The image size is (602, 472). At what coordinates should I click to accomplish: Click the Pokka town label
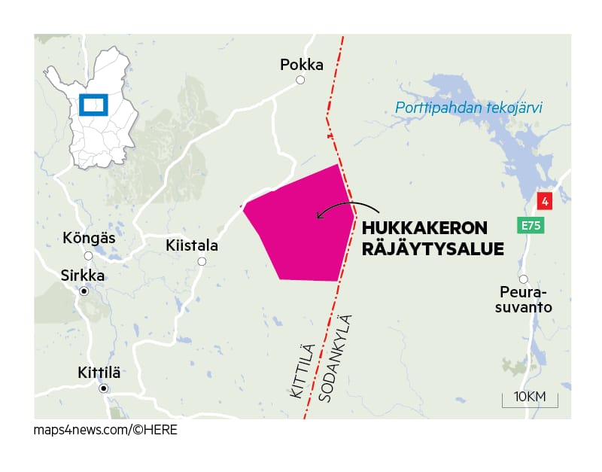[x=301, y=65]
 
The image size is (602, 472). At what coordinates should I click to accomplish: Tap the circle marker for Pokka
[x=300, y=80]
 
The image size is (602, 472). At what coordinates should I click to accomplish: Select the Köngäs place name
[x=90, y=238]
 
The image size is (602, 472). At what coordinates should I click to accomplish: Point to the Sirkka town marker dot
[x=84, y=291]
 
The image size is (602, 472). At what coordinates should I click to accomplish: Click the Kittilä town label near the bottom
[x=99, y=373]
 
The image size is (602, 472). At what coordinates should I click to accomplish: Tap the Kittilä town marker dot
[x=104, y=388]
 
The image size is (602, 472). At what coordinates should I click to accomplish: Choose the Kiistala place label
[x=191, y=246]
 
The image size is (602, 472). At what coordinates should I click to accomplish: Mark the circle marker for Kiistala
[x=202, y=262]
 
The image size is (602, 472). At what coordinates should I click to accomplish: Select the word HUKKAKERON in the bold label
[x=424, y=229]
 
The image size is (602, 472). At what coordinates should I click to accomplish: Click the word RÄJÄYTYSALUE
[x=433, y=248]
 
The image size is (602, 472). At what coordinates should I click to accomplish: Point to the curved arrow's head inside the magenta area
[x=319, y=217]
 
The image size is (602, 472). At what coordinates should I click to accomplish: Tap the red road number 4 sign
[x=545, y=201]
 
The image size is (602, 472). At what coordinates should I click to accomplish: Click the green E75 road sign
[x=530, y=225]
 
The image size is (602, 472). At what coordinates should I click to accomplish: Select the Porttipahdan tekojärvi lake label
[x=468, y=108]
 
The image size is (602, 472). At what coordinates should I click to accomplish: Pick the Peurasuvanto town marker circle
[x=523, y=279]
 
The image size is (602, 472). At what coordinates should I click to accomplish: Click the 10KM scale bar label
[x=529, y=397]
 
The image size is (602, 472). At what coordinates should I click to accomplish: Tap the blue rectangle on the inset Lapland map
[x=94, y=105]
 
